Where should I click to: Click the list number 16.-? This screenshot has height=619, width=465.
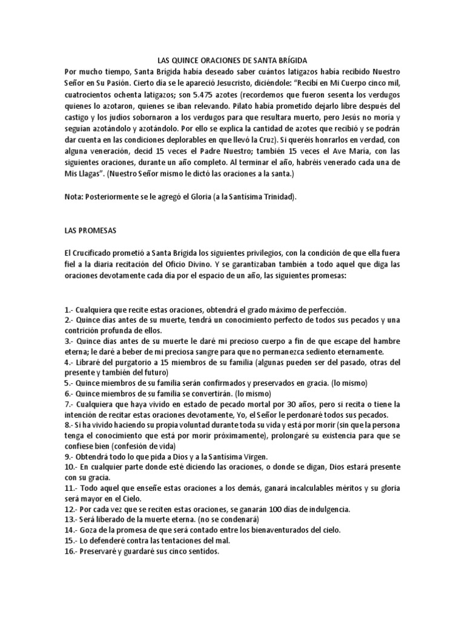tap(70, 552)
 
